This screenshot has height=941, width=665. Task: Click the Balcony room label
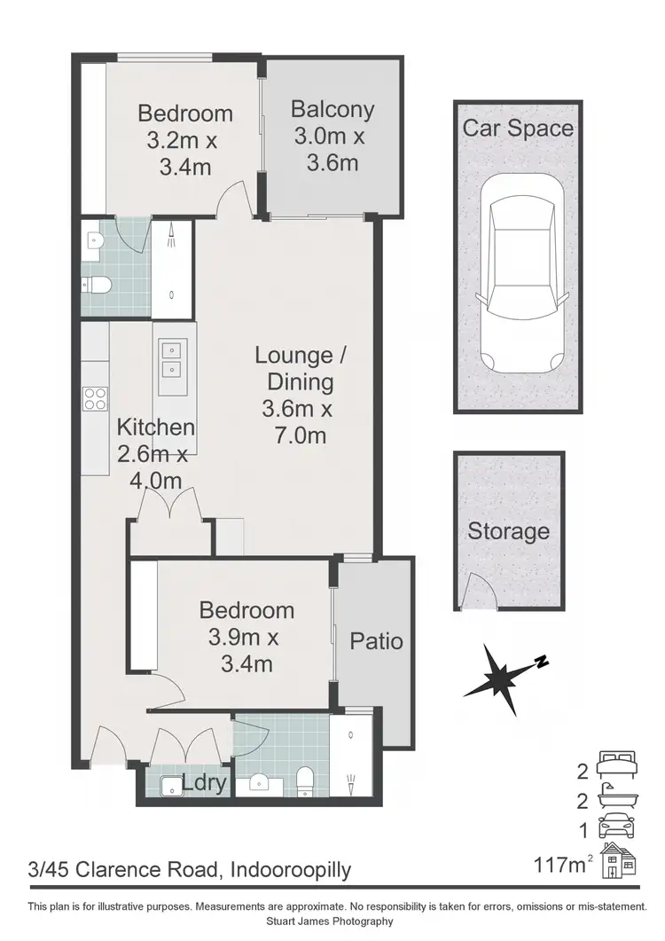(332, 110)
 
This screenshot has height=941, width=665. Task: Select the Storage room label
(508, 531)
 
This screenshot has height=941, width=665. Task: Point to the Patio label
(376, 640)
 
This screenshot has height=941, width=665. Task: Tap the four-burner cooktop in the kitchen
(95, 399)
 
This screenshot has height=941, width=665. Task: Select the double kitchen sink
(173, 358)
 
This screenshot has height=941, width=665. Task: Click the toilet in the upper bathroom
(97, 285)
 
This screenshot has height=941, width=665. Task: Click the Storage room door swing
(477, 590)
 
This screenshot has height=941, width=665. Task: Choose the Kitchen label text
(155, 427)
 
